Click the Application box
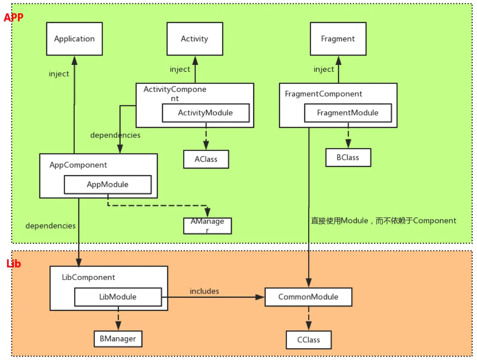74,39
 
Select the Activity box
195,39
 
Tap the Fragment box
338,39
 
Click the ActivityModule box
206,113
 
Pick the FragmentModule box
348,113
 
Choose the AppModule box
108,184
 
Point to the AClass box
206,159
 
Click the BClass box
348,157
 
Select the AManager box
207,226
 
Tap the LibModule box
118,297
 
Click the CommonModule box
308,297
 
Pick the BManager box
118,339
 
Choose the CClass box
309,340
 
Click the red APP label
13,17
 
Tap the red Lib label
14,264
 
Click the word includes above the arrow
204,291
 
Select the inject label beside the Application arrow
59,74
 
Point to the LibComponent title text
88,277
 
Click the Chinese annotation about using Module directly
383,221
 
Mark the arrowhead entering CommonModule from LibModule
260,297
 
